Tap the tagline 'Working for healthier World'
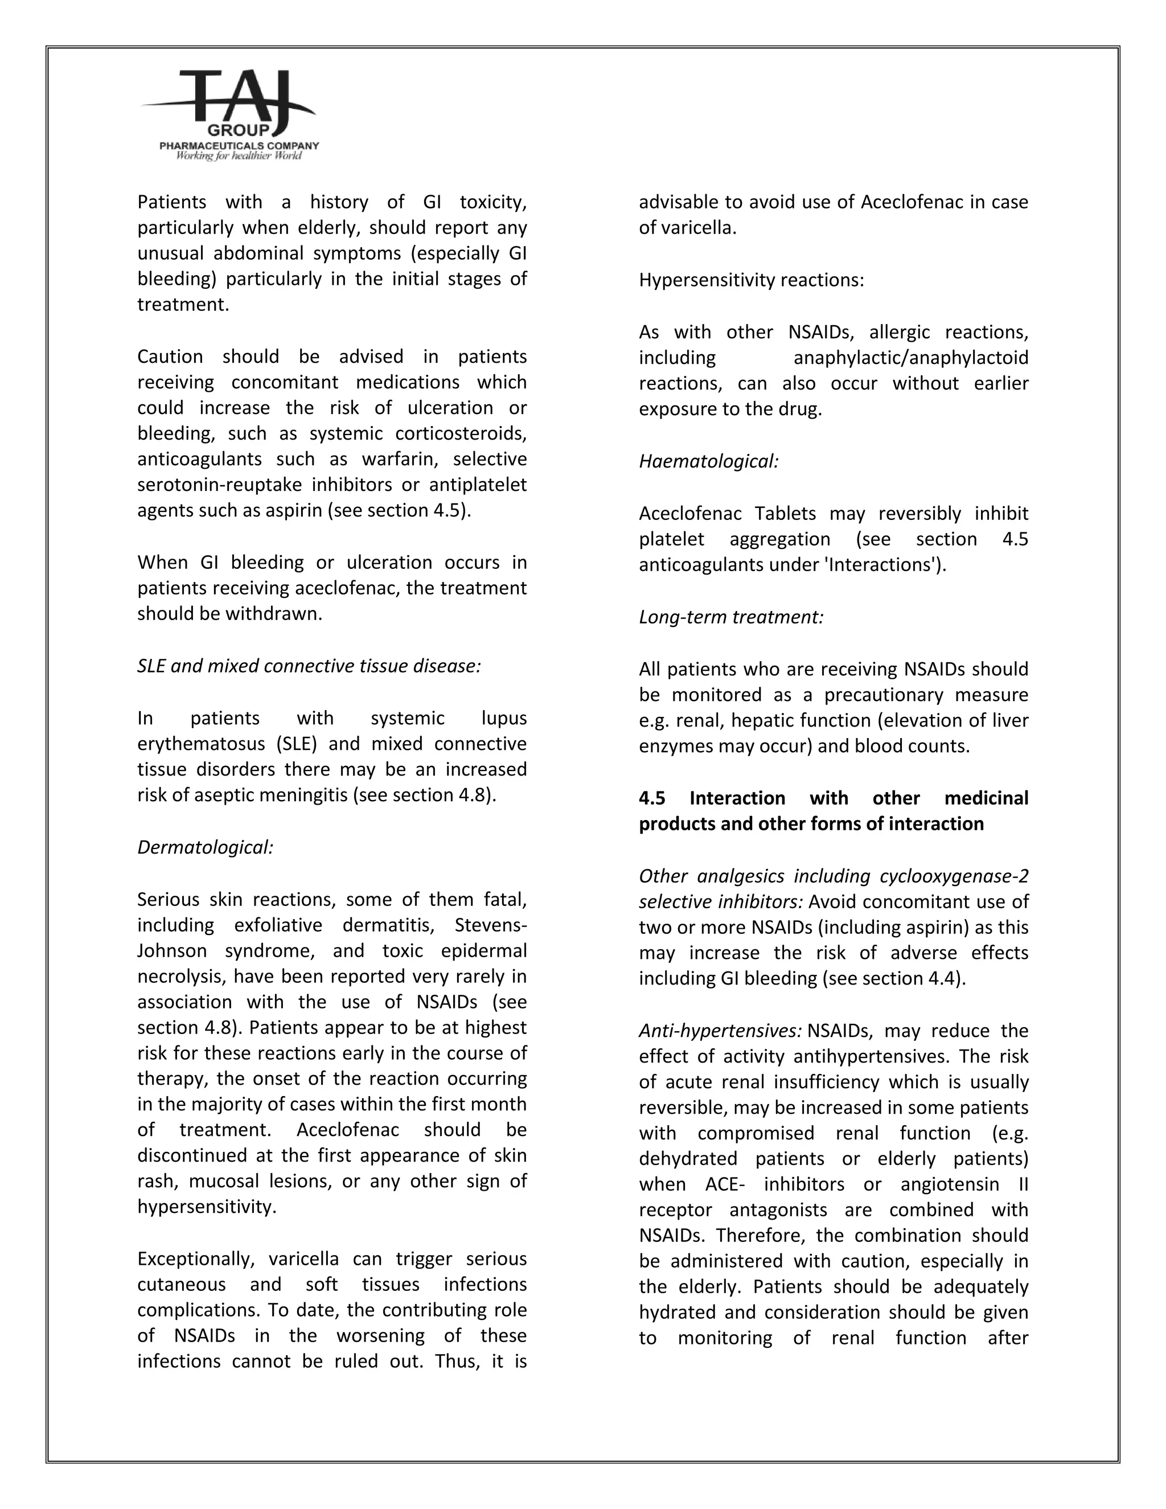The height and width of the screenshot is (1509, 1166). pyautogui.click(x=239, y=155)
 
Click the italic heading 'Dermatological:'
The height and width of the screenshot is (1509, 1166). pyautogui.click(x=205, y=848)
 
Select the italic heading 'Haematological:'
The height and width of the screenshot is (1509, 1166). pyautogui.click(x=709, y=462)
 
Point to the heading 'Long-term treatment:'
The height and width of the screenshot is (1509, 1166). pyautogui.click(x=731, y=617)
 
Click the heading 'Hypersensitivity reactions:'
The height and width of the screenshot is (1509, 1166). pyautogui.click(x=752, y=281)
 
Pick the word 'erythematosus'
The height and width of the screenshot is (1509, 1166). pyautogui.click(x=201, y=744)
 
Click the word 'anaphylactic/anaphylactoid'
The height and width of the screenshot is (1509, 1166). pyautogui.click(x=910, y=358)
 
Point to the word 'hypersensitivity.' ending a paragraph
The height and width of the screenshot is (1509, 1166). pyautogui.click(x=207, y=1207)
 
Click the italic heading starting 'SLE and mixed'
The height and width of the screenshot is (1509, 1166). pyautogui.click(x=309, y=666)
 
